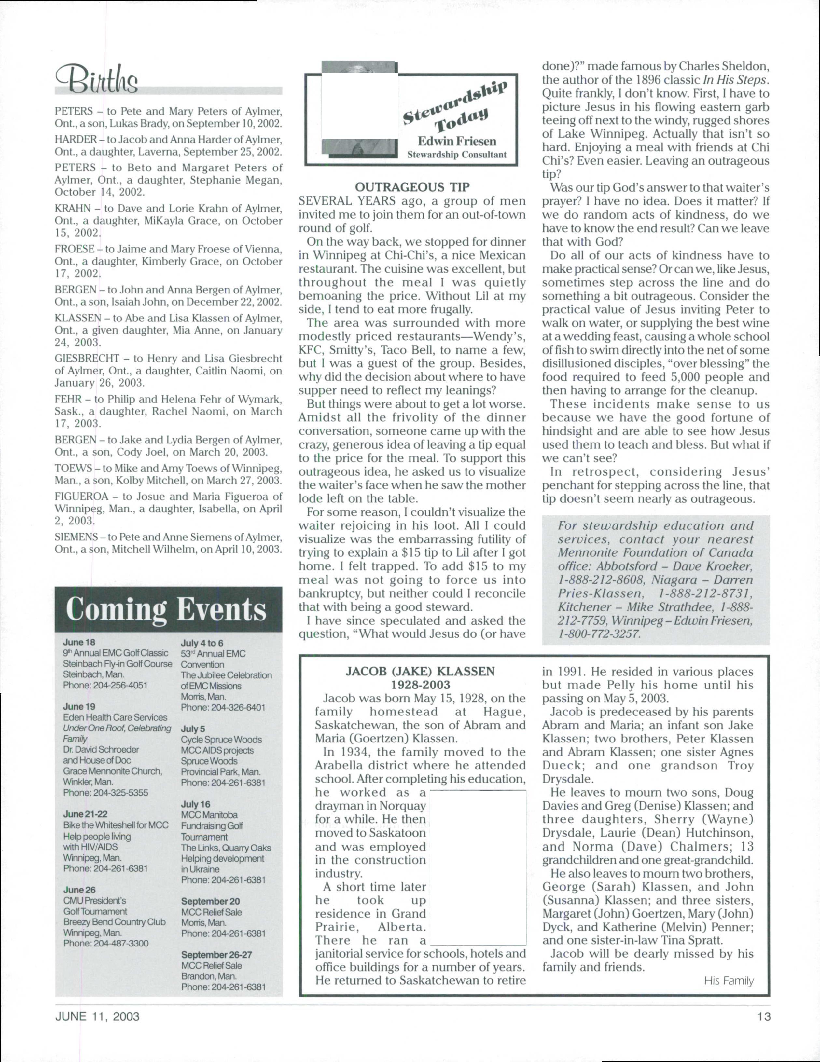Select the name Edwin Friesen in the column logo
pos(457,142)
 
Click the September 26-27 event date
pos(216,955)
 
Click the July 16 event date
pos(196,804)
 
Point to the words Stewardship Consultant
pos(457,155)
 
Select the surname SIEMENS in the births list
pos(76,537)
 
